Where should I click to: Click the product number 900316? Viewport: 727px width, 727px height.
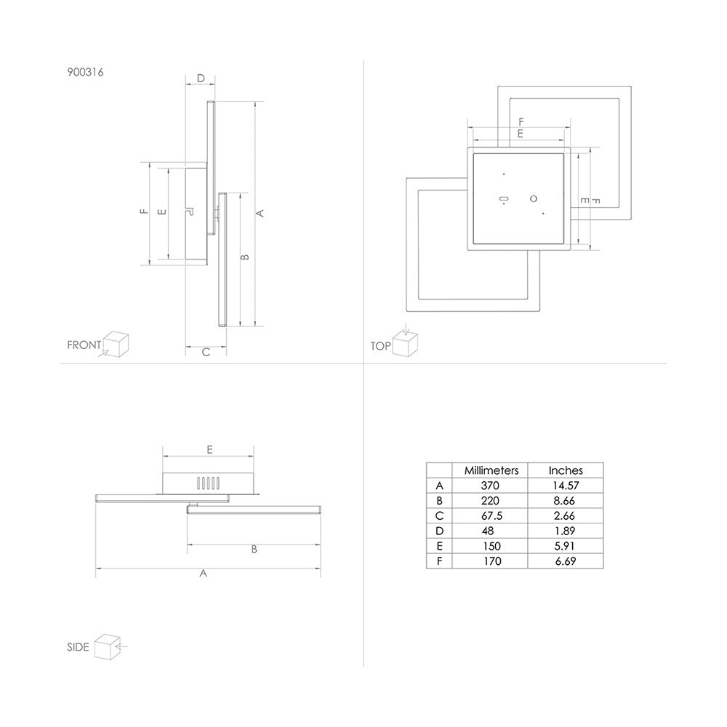point(85,72)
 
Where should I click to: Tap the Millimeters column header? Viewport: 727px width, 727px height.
point(491,470)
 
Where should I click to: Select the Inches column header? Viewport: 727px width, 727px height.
point(566,470)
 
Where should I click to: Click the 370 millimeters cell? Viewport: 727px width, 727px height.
point(490,486)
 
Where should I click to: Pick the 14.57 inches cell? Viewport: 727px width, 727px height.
point(566,486)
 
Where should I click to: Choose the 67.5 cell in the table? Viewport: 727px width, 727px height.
point(491,516)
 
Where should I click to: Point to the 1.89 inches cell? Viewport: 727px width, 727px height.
point(565,531)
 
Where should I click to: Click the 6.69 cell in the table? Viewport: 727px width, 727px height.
point(565,561)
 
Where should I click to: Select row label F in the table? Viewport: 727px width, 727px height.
point(440,561)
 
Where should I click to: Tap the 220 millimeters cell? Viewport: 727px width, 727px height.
point(490,501)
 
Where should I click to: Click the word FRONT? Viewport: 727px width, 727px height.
point(84,345)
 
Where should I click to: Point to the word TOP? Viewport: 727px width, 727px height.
point(381,346)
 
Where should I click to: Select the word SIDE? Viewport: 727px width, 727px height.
point(78,647)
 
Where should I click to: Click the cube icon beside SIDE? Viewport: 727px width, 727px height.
point(108,647)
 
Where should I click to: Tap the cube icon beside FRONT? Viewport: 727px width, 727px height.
point(116,345)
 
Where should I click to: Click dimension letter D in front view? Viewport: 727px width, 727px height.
point(201,79)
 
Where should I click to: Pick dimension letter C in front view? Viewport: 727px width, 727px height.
point(206,353)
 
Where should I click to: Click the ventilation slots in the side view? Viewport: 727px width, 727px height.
point(208,483)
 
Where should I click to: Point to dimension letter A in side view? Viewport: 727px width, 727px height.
point(203,574)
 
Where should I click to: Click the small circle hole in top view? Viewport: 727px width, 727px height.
point(534,199)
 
